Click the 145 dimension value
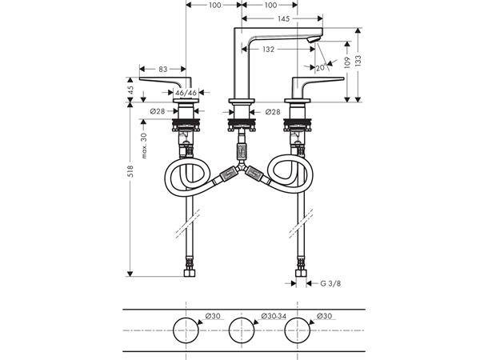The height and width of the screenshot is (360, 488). coord(283,18)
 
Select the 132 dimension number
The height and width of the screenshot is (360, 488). coord(268,49)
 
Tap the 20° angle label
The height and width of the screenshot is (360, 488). coord(321,68)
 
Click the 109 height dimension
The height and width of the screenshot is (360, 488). coord(347,63)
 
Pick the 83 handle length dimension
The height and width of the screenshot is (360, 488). coord(162,69)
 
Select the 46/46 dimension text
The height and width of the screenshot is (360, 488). coord(186,93)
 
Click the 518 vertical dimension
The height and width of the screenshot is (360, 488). coord(130,171)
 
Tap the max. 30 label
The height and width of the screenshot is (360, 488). coord(143,146)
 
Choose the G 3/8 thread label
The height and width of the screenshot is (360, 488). coord(330,283)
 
